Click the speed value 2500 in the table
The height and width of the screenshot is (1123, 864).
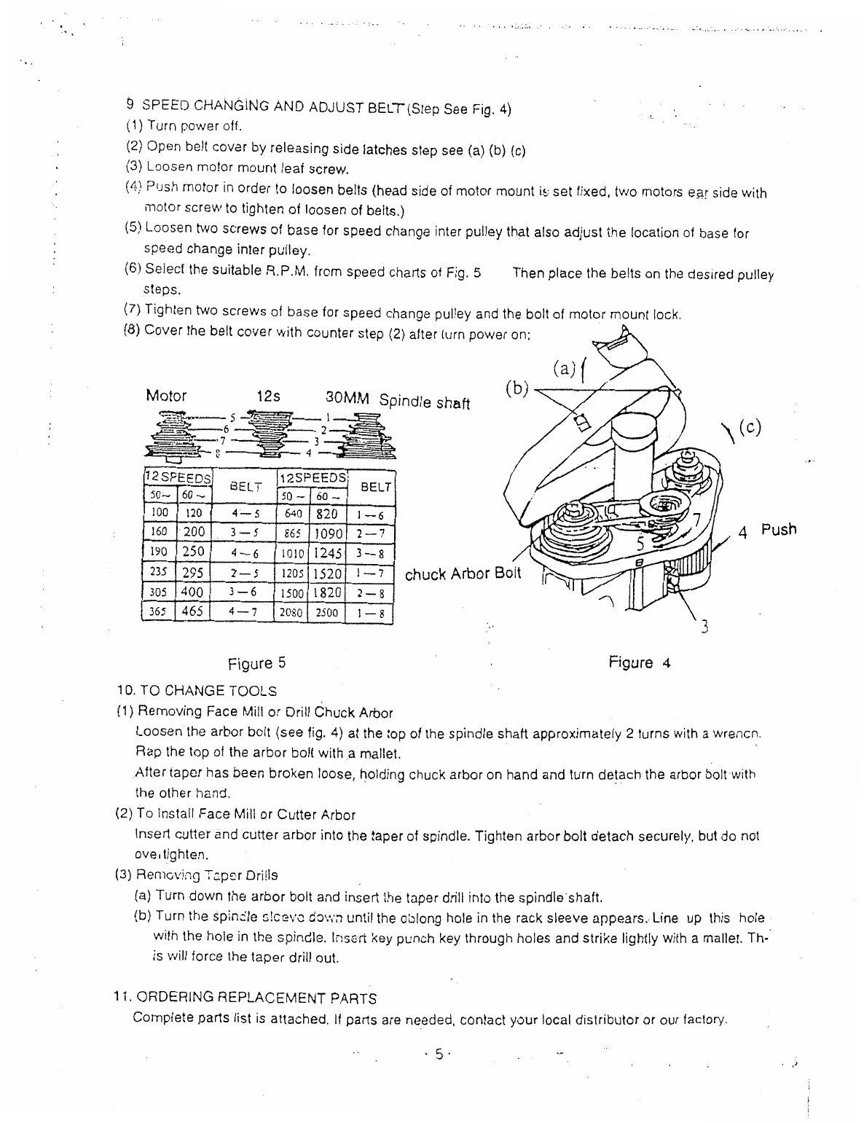click(327, 614)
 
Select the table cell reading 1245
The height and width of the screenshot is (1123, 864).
click(327, 554)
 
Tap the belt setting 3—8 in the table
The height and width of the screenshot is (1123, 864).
click(375, 554)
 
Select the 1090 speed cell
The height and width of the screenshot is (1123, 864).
click(327, 534)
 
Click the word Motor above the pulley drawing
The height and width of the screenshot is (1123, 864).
click(166, 396)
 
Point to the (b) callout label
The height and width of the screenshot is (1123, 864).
click(517, 388)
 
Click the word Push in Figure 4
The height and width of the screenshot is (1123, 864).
click(779, 530)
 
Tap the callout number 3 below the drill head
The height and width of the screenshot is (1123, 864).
click(704, 626)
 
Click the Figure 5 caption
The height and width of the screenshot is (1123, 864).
click(256, 664)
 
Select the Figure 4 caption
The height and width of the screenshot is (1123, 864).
click(639, 663)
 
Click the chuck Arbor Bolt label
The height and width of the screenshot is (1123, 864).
click(463, 574)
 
